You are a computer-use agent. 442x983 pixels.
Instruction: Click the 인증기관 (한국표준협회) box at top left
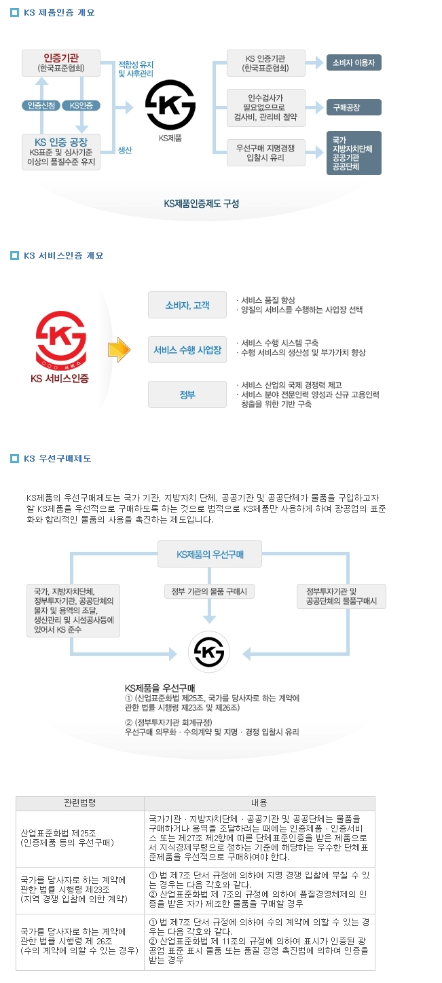60,62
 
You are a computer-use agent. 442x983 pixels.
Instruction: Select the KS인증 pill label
81,105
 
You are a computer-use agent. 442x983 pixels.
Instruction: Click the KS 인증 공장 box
60,152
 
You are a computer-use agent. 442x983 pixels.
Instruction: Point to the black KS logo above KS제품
170,105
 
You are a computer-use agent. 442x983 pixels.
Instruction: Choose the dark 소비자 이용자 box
354,62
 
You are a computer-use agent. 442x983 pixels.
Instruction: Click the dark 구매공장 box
354,107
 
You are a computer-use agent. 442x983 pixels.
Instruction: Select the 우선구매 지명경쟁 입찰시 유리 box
265,152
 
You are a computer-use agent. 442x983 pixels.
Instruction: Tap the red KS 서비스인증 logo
60,343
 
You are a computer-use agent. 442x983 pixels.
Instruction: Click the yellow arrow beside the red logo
119,349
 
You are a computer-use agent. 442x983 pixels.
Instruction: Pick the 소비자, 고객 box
187,305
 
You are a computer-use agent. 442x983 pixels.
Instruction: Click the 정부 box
187,394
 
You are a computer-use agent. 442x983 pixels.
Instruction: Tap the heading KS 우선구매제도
58,459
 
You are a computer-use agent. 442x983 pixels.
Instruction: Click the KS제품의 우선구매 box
210,554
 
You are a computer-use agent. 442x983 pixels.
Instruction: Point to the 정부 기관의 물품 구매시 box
210,591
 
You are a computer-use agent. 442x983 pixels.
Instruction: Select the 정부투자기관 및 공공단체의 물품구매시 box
342,596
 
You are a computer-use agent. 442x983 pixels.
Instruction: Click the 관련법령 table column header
80,803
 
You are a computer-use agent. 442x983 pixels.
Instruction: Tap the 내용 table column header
259,803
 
